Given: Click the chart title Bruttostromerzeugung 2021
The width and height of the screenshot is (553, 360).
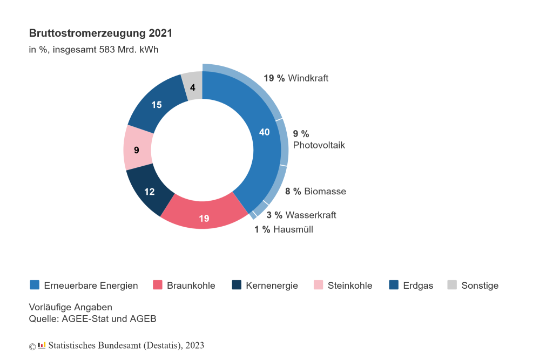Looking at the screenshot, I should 100,33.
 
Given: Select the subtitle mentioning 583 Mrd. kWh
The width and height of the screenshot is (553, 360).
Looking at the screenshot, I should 93,50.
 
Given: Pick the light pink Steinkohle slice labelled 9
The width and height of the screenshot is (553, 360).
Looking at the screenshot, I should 137,150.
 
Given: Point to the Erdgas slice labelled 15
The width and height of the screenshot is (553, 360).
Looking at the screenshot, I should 157,105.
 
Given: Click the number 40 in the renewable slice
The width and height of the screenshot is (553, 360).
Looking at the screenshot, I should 264,132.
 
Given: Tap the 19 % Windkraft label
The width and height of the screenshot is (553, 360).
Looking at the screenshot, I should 296,78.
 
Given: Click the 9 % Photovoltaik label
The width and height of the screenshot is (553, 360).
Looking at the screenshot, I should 319,139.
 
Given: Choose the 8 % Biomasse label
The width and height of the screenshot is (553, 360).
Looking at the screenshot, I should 315,191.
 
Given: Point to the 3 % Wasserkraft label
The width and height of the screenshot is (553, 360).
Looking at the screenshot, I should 301,215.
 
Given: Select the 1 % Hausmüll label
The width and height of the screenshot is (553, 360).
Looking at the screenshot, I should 284,229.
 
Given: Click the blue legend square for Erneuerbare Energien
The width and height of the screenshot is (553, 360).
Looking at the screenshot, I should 35,285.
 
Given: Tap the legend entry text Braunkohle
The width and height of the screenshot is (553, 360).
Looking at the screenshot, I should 191,286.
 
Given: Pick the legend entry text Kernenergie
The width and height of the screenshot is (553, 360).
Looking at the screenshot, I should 272,286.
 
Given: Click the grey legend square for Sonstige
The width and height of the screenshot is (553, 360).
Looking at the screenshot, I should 452,285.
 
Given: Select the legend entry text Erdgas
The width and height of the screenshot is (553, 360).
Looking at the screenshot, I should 418,286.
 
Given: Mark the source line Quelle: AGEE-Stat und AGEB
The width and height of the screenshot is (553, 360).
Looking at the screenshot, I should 92,318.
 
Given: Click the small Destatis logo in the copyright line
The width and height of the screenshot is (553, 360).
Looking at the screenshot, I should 42,345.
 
